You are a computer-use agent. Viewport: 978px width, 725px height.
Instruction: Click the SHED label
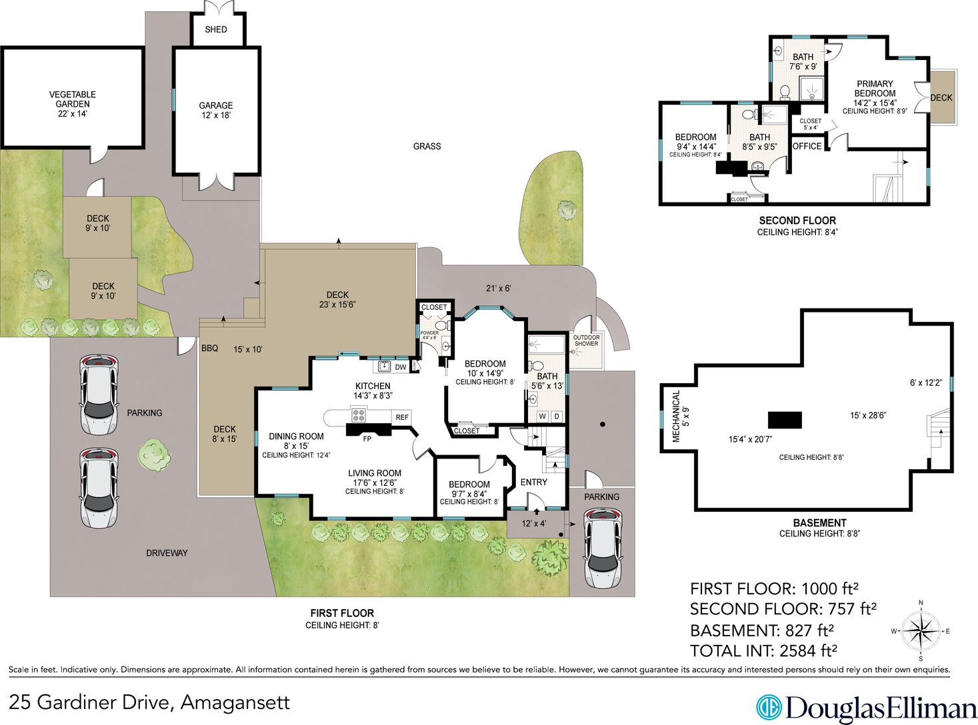tap(216, 29)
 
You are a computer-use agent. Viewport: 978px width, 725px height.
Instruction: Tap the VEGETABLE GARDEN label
tap(72, 99)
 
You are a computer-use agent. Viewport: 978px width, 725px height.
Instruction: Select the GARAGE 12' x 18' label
tap(215, 110)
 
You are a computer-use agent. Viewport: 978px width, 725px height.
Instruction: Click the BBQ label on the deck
tap(210, 349)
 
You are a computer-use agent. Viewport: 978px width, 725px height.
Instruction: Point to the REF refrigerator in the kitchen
tap(402, 417)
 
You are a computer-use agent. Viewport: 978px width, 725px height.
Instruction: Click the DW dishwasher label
tap(401, 367)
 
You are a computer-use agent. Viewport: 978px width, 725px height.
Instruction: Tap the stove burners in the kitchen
tap(358, 414)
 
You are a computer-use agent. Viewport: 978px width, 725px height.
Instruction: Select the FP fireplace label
tap(367, 439)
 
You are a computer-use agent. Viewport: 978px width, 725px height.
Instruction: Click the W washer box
tap(543, 416)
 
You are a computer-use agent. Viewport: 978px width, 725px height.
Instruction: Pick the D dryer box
tap(557, 416)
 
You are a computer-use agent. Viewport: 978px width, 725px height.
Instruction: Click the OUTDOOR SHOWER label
tap(586, 341)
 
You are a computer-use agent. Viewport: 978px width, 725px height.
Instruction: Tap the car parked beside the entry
tap(603, 548)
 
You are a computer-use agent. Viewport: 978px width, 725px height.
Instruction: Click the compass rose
tap(921, 631)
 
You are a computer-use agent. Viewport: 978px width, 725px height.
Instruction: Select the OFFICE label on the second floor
tap(807, 147)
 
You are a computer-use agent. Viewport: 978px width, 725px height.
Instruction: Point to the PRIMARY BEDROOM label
tap(875, 89)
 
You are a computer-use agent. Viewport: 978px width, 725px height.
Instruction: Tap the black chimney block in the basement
tap(785, 420)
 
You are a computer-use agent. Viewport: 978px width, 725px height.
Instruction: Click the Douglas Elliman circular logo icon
tap(769, 708)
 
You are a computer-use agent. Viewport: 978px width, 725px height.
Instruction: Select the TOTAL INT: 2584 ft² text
tap(764, 651)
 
